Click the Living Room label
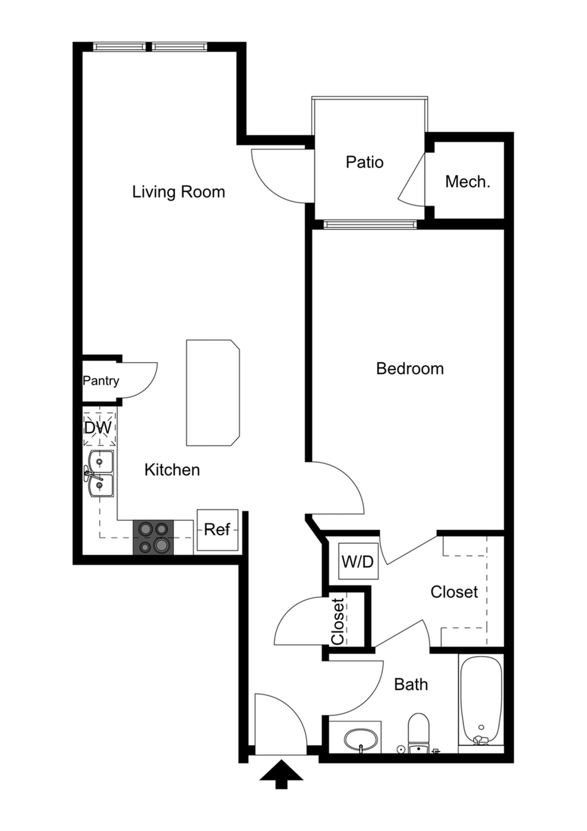point(178,192)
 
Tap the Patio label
point(364,162)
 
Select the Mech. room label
point(467,181)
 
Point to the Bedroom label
point(410,369)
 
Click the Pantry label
point(101,380)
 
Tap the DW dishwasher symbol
point(98,428)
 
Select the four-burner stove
point(153,537)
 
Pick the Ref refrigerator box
point(217,530)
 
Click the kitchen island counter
point(213,392)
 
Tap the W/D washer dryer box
point(358,561)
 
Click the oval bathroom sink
point(361,739)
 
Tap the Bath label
point(411,685)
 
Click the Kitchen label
point(172,470)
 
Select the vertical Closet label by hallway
point(338,621)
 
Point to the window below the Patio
point(370,224)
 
